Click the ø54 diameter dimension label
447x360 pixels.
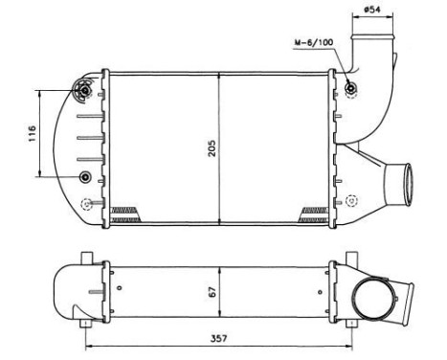click(x=374, y=11)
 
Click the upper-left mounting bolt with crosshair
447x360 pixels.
click(x=83, y=91)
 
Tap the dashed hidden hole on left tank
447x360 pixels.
click(x=87, y=202)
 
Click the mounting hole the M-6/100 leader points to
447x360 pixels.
click(x=351, y=90)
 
